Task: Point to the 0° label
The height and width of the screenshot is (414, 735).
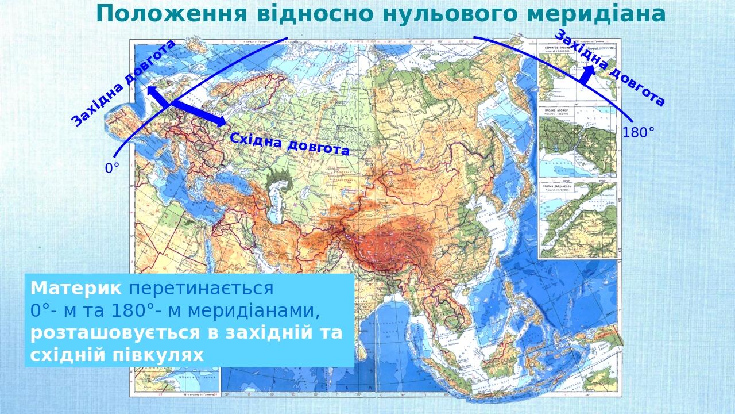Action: pyautogui.click(x=112, y=168)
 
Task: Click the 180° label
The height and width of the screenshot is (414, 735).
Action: pyautogui.click(x=638, y=133)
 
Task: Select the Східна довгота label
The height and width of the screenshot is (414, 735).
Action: pyautogui.click(x=289, y=144)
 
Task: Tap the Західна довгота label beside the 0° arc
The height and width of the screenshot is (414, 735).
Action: pyautogui.click(x=123, y=83)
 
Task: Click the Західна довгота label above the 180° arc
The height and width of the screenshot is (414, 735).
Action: pyautogui.click(x=609, y=67)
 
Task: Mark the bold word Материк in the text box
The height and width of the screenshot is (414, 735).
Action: pyautogui.click(x=76, y=289)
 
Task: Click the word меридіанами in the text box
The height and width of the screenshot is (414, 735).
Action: pyautogui.click(x=253, y=311)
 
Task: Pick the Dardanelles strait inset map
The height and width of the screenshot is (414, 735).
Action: pyautogui.click(x=577, y=221)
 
